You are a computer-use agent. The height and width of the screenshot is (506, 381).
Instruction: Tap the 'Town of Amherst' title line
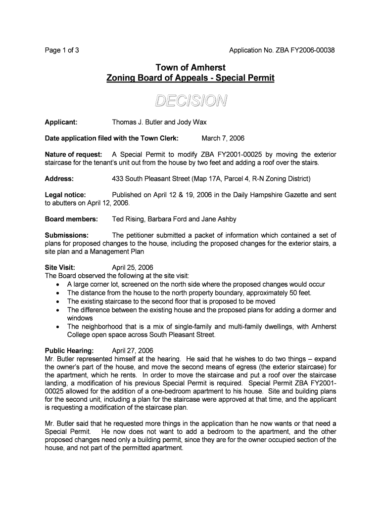190,67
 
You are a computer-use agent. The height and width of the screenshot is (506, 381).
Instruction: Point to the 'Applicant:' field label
61,122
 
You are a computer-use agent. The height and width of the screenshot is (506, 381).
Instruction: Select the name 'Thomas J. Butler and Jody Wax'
159,122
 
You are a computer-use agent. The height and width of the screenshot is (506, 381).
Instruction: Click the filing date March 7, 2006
223,138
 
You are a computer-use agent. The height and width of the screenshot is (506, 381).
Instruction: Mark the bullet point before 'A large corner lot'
59,285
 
